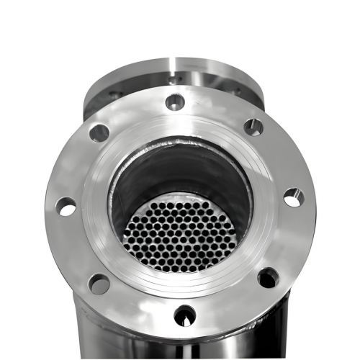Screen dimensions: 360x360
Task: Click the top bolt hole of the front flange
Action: (x=175, y=102)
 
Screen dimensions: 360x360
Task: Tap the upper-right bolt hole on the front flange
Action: (x=253, y=127)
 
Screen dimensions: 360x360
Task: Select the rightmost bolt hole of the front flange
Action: (x=293, y=197)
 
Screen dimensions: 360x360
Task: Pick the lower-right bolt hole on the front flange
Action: (x=268, y=277)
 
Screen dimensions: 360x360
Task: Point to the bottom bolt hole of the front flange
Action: (x=185, y=315)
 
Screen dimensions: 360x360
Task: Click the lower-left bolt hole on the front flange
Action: (x=99, y=283)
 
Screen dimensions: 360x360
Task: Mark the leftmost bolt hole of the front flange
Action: (x=66, y=207)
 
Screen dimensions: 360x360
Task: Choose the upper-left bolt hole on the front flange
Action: (x=99, y=132)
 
